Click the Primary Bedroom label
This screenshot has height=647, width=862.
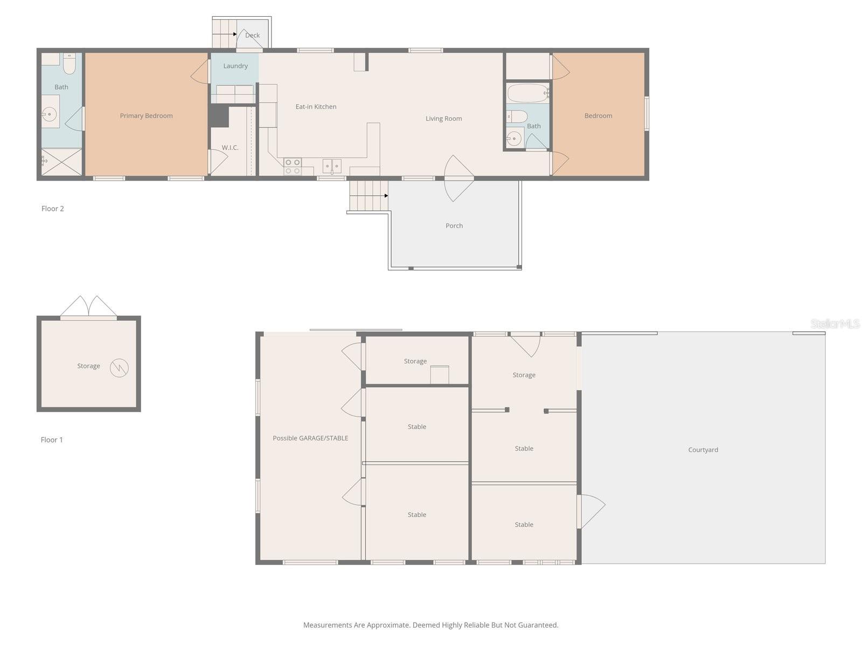pyautogui.click(x=146, y=115)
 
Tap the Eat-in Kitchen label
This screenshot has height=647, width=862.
pyautogui.click(x=316, y=107)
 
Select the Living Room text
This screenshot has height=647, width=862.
pyautogui.click(x=443, y=119)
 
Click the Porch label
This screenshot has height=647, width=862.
pyautogui.click(x=454, y=226)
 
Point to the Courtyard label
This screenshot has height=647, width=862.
pyautogui.click(x=703, y=450)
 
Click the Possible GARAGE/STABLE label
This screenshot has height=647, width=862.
pyautogui.click(x=310, y=438)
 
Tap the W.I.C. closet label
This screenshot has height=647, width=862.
pyautogui.click(x=230, y=148)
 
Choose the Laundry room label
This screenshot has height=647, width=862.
pyautogui.click(x=235, y=66)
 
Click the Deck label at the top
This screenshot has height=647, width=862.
pyautogui.click(x=252, y=35)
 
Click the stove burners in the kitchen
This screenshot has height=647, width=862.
pyautogui.click(x=293, y=167)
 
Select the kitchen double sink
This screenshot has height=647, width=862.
pyautogui.click(x=332, y=166)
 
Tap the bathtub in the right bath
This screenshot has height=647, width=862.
pyautogui.click(x=528, y=93)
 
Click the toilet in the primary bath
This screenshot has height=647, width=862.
pyautogui.click(x=69, y=64)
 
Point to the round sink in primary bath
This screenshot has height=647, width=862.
pyautogui.click(x=50, y=114)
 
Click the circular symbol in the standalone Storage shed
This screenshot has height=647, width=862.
pyautogui.click(x=119, y=368)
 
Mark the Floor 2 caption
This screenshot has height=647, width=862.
pyautogui.click(x=52, y=209)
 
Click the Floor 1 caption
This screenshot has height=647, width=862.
pyautogui.click(x=52, y=440)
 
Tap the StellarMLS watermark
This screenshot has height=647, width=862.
pyautogui.click(x=835, y=323)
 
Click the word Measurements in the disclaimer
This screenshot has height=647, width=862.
pyautogui.click(x=327, y=625)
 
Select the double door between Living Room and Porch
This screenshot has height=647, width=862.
pyautogui.click(x=458, y=178)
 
